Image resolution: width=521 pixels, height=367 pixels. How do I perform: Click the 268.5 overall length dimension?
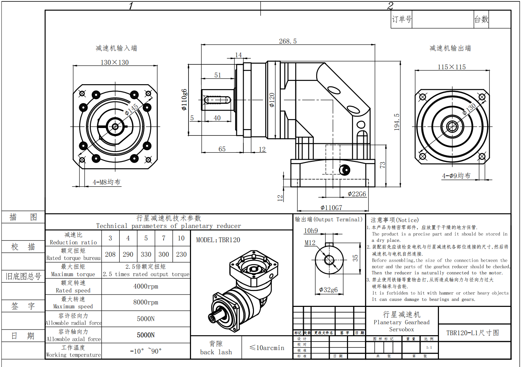[288, 41]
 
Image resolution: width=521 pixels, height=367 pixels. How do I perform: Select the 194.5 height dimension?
[396, 122]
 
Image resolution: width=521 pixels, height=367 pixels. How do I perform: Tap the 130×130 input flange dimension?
[115, 63]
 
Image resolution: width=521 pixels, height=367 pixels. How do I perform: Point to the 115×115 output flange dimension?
[452, 67]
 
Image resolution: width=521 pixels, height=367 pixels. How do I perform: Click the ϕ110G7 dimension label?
[331, 208]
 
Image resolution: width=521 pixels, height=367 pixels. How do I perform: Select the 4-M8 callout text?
[106, 182]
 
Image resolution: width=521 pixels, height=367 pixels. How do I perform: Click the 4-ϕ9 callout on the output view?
[456, 176]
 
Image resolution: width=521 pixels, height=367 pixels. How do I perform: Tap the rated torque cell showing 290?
[128, 255]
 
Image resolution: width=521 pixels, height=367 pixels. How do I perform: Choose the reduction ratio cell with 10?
[181, 238]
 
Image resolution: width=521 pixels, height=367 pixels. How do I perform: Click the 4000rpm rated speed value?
[146, 286]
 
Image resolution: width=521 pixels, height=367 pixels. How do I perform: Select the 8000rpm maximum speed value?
[146, 302]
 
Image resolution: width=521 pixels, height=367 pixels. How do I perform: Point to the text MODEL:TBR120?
[218, 240]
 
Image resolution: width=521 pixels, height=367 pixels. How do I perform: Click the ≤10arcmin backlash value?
[267, 348]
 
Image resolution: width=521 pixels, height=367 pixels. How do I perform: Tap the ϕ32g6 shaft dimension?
[328, 290]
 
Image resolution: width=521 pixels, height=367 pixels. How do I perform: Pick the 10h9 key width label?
[311, 231]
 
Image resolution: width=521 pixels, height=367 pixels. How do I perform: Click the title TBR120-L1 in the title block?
[473, 333]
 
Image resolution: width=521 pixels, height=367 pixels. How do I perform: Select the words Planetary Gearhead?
[401, 322]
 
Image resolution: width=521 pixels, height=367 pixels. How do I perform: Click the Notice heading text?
[394, 220]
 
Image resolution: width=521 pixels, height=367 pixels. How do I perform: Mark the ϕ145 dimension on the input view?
[132, 110]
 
